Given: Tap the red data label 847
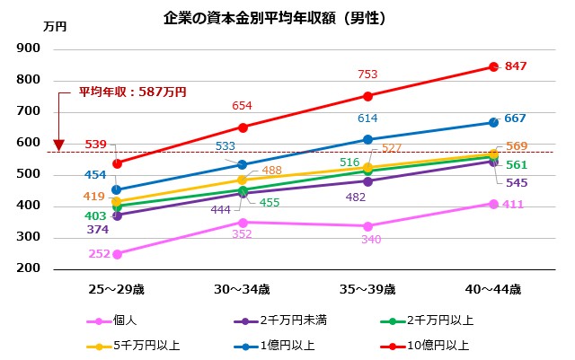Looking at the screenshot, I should tap(516, 66).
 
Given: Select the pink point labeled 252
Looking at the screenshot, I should tap(118, 254).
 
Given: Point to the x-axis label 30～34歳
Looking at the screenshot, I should tap(243, 289).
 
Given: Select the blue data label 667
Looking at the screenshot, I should tap(516, 119).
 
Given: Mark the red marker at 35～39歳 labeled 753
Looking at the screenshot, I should tap(368, 96).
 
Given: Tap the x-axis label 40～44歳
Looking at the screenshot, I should tap(493, 289).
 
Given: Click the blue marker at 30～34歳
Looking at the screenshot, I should tap(243, 164).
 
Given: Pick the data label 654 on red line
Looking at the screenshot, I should tap(242, 106).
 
